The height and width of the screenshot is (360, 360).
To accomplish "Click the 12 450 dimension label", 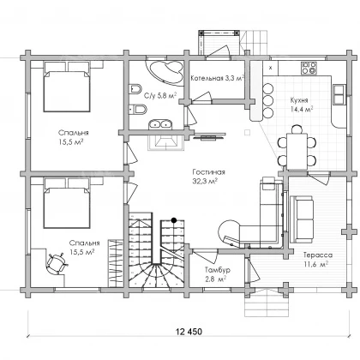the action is (x=189, y=332).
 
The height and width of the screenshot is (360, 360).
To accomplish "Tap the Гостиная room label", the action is (x=208, y=172).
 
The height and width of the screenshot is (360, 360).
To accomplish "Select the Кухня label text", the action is (x=299, y=100).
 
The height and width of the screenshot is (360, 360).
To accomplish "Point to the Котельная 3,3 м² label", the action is (x=217, y=78).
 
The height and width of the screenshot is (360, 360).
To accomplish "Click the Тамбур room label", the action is (x=218, y=270).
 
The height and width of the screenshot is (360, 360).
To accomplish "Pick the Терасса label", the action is (x=318, y=255).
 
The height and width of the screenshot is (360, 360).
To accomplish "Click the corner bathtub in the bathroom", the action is (x=165, y=71).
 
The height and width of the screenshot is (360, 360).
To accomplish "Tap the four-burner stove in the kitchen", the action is (x=309, y=68).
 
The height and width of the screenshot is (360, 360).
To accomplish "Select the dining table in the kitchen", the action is (x=297, y=151).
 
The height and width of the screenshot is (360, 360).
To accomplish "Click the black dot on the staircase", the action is (x=174, y=220).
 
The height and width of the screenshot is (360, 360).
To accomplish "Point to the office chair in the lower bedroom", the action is (x=57, y=263).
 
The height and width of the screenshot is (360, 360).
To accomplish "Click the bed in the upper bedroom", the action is (x=67, y=87).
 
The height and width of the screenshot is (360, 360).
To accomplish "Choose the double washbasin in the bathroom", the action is (x=160, y=124).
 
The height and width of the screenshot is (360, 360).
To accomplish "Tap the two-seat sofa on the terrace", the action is (x=302, y=219).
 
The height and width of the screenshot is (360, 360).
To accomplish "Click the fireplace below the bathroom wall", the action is (x=165, y=142).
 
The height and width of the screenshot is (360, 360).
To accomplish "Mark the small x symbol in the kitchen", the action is (x=271, y=68).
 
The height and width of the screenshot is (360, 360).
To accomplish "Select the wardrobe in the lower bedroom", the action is (x=116, y=263).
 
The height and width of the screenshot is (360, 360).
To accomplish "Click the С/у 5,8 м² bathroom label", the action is (x=160, y=95).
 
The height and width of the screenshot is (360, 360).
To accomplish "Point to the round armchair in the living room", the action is (x=229, y=231).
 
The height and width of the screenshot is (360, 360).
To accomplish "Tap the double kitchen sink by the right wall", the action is (x=339, y=93).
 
